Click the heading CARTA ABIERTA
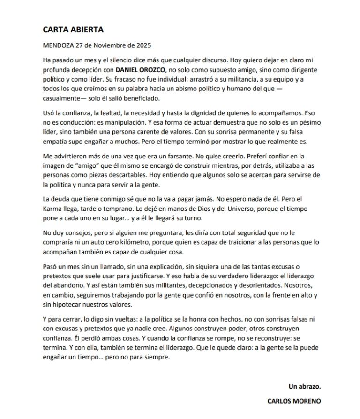point(73,30)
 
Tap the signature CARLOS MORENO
point(294,401)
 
